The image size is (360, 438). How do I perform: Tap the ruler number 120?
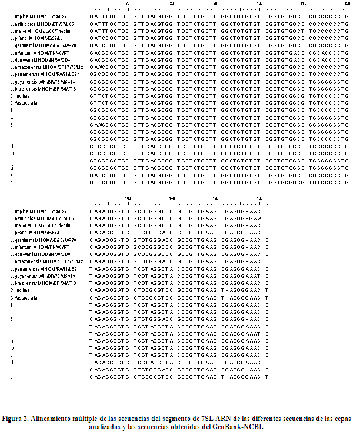348,4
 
